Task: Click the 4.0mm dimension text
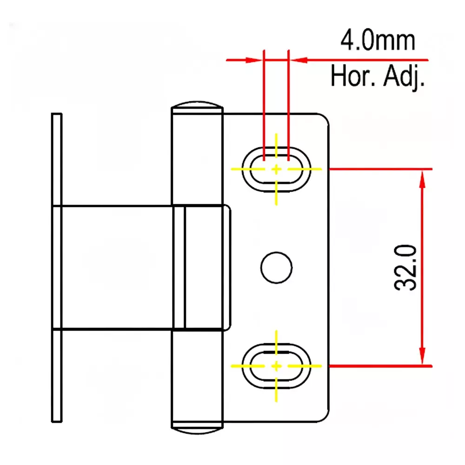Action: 377,41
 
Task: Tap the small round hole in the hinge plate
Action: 276,267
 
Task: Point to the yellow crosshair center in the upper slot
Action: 277,169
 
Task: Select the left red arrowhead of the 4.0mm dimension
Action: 253,60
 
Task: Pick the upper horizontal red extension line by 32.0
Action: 381,169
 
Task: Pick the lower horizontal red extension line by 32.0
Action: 381,366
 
